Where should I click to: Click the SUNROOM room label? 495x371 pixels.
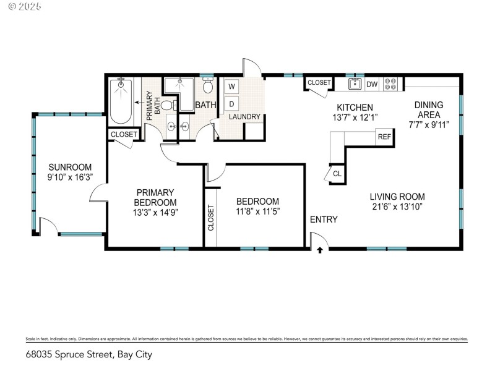pyautogui.click(x=71, y=167)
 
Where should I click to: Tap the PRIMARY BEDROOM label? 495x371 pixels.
pyautogui.click(x=156, y=197)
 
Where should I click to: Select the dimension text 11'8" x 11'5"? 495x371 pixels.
pyautogui.click(x=257, y=211)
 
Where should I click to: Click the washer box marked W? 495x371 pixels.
pyautogui.click(x=231, y=86)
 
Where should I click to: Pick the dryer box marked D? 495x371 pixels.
pyautogui.click(x=231, y=103)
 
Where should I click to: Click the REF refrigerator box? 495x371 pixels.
pyautogui.click(x=384, y=137)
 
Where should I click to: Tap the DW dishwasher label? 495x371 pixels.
pyautogui.click(x=372, y=84)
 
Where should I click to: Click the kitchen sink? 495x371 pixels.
pyautogui.click(x=355, y=84)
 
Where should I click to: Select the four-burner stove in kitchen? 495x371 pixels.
pyautogui.click(x=391, y=83)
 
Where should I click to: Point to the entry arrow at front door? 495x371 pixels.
pyautogui.click(x=320, y=250)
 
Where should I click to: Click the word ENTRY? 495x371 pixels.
pyautogui.click(x=324, y=220)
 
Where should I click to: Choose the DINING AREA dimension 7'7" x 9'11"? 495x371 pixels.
pyautogui.click(x=428, y=124)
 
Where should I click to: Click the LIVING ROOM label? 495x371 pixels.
pyautogui.click(x=398, y=197)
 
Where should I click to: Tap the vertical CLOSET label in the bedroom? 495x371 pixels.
pyautogui.click(x=210, y=218)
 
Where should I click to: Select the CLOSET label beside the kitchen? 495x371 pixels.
pyautogui.click(x=319, y=82)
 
